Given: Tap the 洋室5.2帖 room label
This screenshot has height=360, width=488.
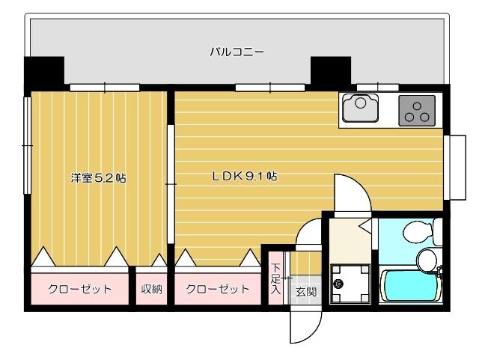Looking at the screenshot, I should [x=98, y=178].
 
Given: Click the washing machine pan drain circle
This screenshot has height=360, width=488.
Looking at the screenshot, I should [x=338, y=284].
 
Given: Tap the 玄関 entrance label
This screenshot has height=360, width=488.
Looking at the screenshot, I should [x=305, y=291].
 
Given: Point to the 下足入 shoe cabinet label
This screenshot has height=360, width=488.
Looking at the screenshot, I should [x=275, y=279].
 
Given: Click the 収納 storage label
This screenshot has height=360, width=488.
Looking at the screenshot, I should [x=152, y=289].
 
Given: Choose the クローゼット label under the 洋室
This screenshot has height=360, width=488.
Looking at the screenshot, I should [x=80, y=289].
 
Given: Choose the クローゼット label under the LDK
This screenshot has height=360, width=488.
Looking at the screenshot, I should [x=217, y=289].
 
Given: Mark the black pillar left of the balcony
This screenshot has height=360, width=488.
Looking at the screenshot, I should [x=44, y=73].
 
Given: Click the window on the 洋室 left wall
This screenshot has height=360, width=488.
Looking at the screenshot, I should [x=27, y=146].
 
